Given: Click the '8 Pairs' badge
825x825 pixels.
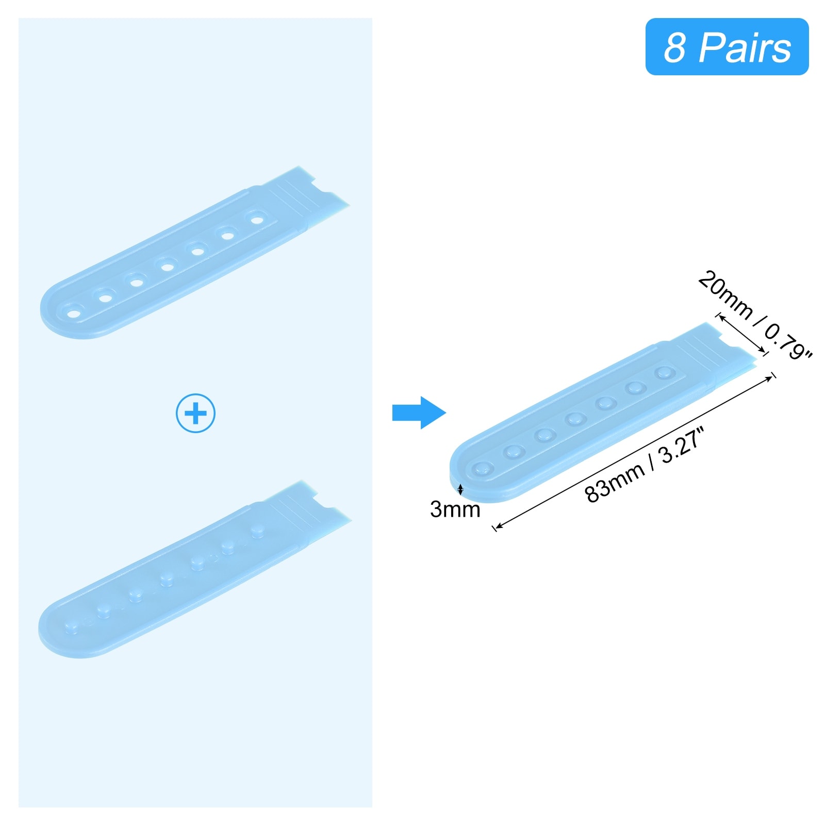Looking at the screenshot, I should [727, 47].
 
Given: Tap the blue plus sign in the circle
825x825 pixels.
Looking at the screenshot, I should [195, 413].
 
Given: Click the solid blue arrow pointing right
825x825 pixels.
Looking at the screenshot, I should [419, 412].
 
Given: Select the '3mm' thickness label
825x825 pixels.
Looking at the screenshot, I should [455, 509].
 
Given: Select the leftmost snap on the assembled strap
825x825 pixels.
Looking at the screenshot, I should [483, 469].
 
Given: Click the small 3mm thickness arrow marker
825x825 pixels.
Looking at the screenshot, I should [460, 489].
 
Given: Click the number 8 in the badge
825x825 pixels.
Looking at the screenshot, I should [674, 47].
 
